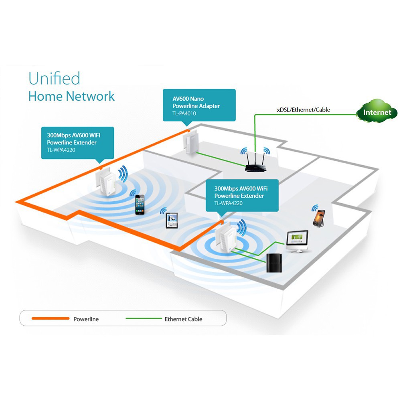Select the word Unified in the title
point(54,79)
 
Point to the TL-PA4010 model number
point(184,113)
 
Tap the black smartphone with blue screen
point(140,205)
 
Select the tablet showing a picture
point(172,221)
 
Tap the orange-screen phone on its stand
point(319,219)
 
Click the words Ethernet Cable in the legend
point(183,319)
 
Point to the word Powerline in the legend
point(86,319)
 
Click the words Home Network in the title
point(71,96)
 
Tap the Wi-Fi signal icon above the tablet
point(163,211)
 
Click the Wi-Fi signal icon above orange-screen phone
point(315,208)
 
